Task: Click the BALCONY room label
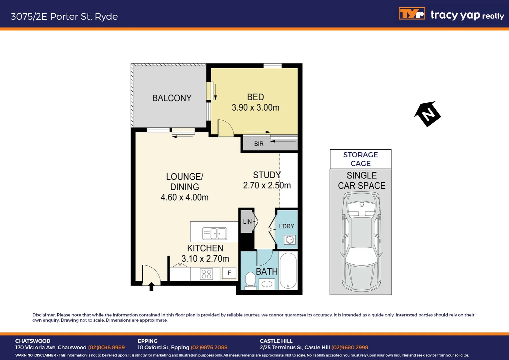tap(172, 98)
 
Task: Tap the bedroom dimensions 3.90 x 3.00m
tap(255, 108)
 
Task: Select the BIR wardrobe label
tap(259, 144)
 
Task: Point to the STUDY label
tap(267, 175)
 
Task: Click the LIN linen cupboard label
tap(247, 222)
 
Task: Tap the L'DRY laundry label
tap(286, 226)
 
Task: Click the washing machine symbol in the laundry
tap(290, 239)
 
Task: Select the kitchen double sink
tap(215, 234)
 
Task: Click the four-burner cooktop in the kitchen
tap(207, 274)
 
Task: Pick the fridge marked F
tap(229, 273)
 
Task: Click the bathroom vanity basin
tap(267, 284)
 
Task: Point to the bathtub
tap(288, 270)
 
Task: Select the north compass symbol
tap(427, 114)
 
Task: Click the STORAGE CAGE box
tap(360, 159)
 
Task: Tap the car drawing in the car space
tap(361, 241)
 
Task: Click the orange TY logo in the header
tap(412, 14)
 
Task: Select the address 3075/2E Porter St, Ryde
tap(64, 16)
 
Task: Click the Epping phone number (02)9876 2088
tap(209, 347)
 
